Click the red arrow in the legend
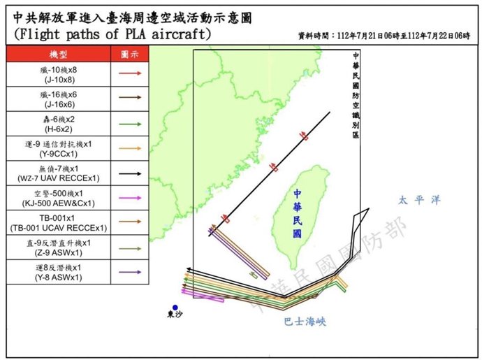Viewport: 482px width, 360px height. coord(129,73)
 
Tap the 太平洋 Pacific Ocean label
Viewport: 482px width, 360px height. coord(420,200)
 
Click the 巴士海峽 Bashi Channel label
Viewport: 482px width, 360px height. coord(305,322)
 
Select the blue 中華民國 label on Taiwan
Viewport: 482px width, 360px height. coord(298,214)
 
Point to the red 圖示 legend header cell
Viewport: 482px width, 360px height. coord(129,54)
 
